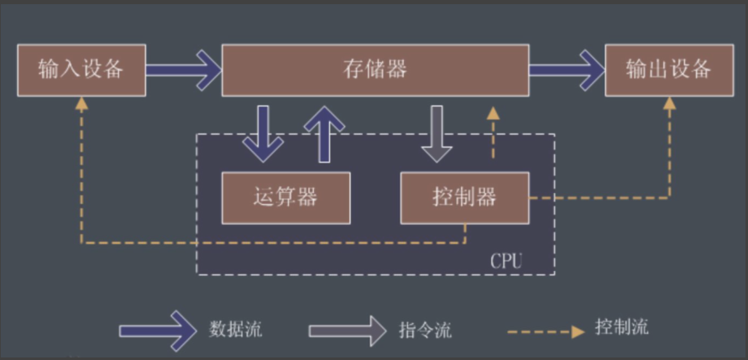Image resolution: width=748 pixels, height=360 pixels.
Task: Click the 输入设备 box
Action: pyautogui.click(x=81, y=70)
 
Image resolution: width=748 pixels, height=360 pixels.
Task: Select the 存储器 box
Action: pyautogui.click(x=375, y=70)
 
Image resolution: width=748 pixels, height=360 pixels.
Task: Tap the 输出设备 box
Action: pyautogui.click(x=668, y=70)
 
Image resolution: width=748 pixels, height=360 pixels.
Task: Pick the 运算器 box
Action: pyautogui.click(x=285, y=198)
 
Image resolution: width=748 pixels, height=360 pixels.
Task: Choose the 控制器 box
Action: pyautogui.click(x=464, y=198)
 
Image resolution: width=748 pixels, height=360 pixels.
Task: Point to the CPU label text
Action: pyautogui.click(x=505, y=260)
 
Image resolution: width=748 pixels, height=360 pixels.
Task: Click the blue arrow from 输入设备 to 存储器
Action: pyautogui.click(x=183, y=70)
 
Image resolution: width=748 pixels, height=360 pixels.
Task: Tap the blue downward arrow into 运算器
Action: pyautogui.click(x=264, y=133)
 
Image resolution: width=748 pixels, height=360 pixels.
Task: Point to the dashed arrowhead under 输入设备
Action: pyautogui.click(x=81, y=103)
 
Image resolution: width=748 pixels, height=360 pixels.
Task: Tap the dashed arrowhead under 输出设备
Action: pyautogui.click(x=669, y=103)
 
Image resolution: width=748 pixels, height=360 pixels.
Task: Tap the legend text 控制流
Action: pyautogui.click(x=621, y=326)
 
